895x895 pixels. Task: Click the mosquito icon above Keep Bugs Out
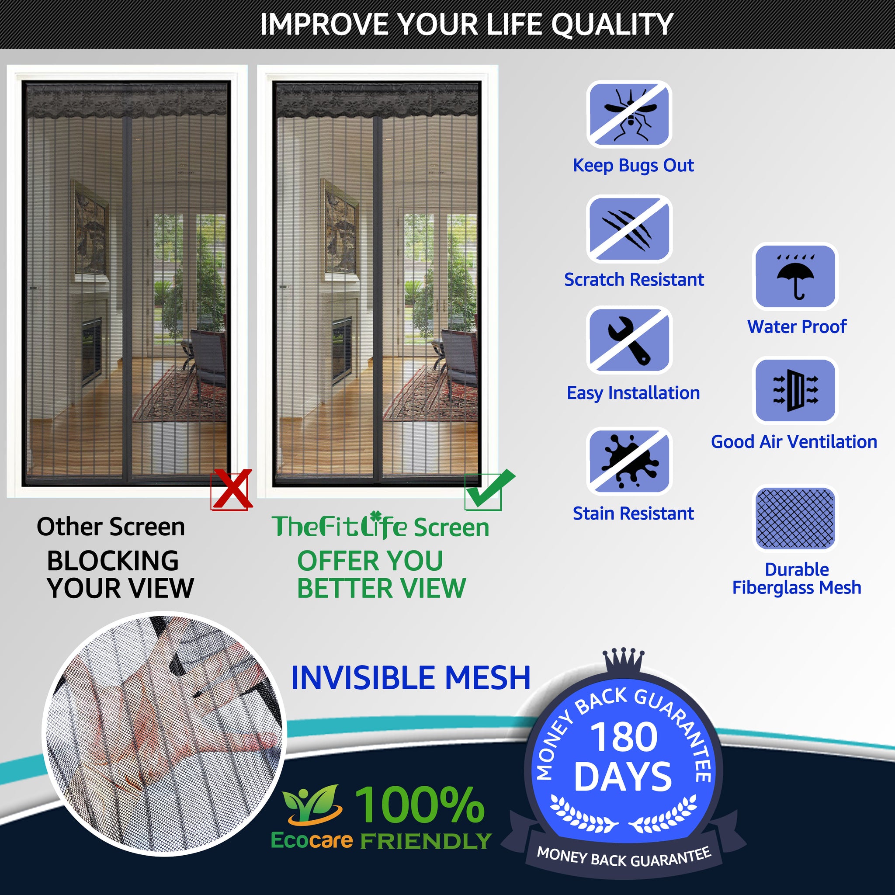tap(629, 114)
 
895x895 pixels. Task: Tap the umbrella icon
tap(795, 277)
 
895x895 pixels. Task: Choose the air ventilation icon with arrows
tap(795, 390)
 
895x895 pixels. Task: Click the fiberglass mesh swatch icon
tap(795, 518)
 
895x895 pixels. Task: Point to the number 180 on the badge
tap(624, 737)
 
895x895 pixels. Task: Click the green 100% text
tap(420, 805)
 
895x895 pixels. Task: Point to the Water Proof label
tap(797, 326)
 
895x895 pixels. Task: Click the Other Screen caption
tap(111, 527)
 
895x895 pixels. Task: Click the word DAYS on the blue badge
tap(623, 777)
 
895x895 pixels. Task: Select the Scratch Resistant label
tap(634, 280)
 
